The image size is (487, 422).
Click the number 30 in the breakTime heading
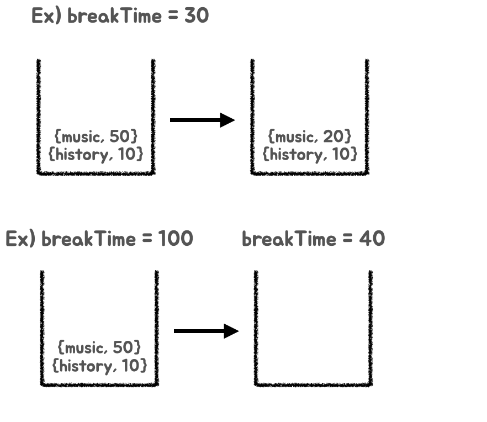[x=197, y=16]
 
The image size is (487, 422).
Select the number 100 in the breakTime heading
[x=176, y=239]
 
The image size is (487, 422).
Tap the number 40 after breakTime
[x=372, y=239]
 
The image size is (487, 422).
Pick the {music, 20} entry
[x=309, y=135]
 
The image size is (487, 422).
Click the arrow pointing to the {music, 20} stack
[x=202, y=120]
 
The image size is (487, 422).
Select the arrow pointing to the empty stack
[x=206, y=331]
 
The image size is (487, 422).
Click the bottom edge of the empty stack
[x=313, y=384]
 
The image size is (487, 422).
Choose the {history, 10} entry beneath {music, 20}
[x=309, y=154]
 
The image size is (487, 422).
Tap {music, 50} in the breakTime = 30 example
[x=96, y=135]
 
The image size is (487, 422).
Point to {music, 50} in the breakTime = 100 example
[x=99, y=347]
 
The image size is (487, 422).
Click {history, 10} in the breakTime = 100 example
[x=99, y=366]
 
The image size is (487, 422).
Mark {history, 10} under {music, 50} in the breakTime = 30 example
[x=96, y=154]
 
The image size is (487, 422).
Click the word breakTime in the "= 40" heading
[x=289, y=239]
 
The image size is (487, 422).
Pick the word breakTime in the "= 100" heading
[x=88, y=239]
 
